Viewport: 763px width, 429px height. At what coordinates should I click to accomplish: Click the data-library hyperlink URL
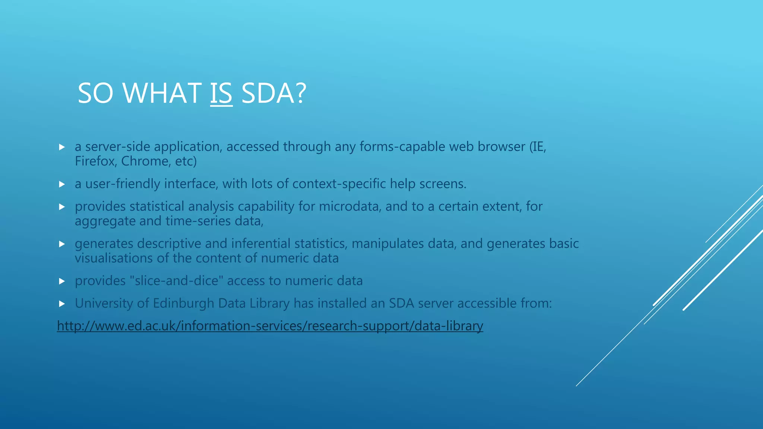click(270, 326)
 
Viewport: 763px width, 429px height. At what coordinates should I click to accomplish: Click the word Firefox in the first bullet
click(95, 161)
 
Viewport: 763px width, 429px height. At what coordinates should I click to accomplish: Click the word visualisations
click(114, 258)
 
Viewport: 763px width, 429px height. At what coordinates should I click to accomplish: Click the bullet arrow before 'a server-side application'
click(62, 147)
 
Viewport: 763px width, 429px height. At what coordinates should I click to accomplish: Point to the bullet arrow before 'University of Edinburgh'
click(62, 304)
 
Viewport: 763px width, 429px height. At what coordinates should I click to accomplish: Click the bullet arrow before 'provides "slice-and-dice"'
click(62, 281)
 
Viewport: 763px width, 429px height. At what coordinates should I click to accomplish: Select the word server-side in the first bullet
click(117, 147)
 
